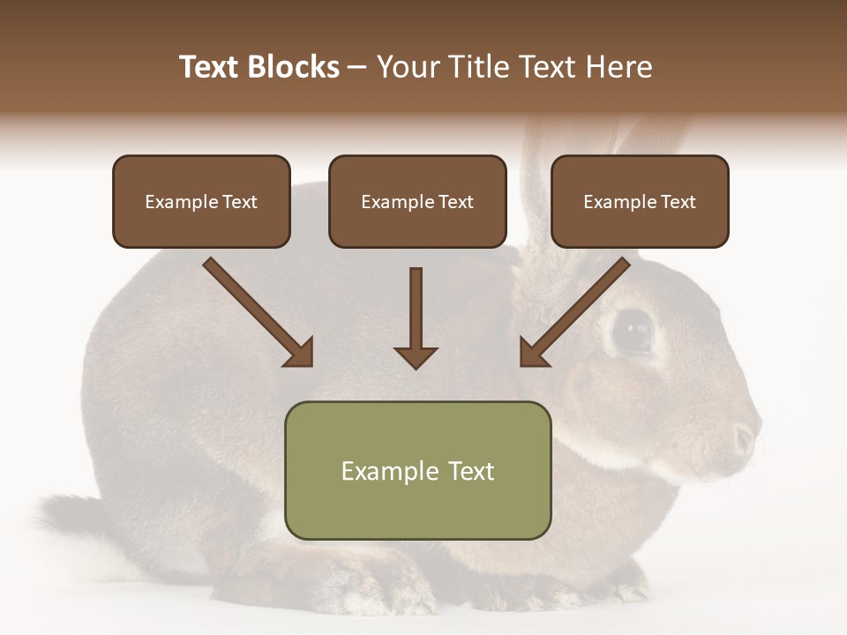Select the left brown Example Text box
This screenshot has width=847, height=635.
click(201, 202)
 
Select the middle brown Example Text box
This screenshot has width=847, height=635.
click(417, 202)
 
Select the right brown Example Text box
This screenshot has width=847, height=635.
click(640, 202)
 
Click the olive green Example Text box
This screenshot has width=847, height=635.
click(417, 471)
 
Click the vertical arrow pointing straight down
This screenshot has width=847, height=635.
click(416, 317)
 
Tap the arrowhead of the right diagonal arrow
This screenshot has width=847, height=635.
click(533, 353)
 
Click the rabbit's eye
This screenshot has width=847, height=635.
click(632, 332)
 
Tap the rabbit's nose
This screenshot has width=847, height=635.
click(746, 437)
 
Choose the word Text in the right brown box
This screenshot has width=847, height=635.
click(678, 202)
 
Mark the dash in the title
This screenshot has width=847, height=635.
click(357, 67)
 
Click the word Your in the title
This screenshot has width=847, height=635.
click(407, 67)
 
